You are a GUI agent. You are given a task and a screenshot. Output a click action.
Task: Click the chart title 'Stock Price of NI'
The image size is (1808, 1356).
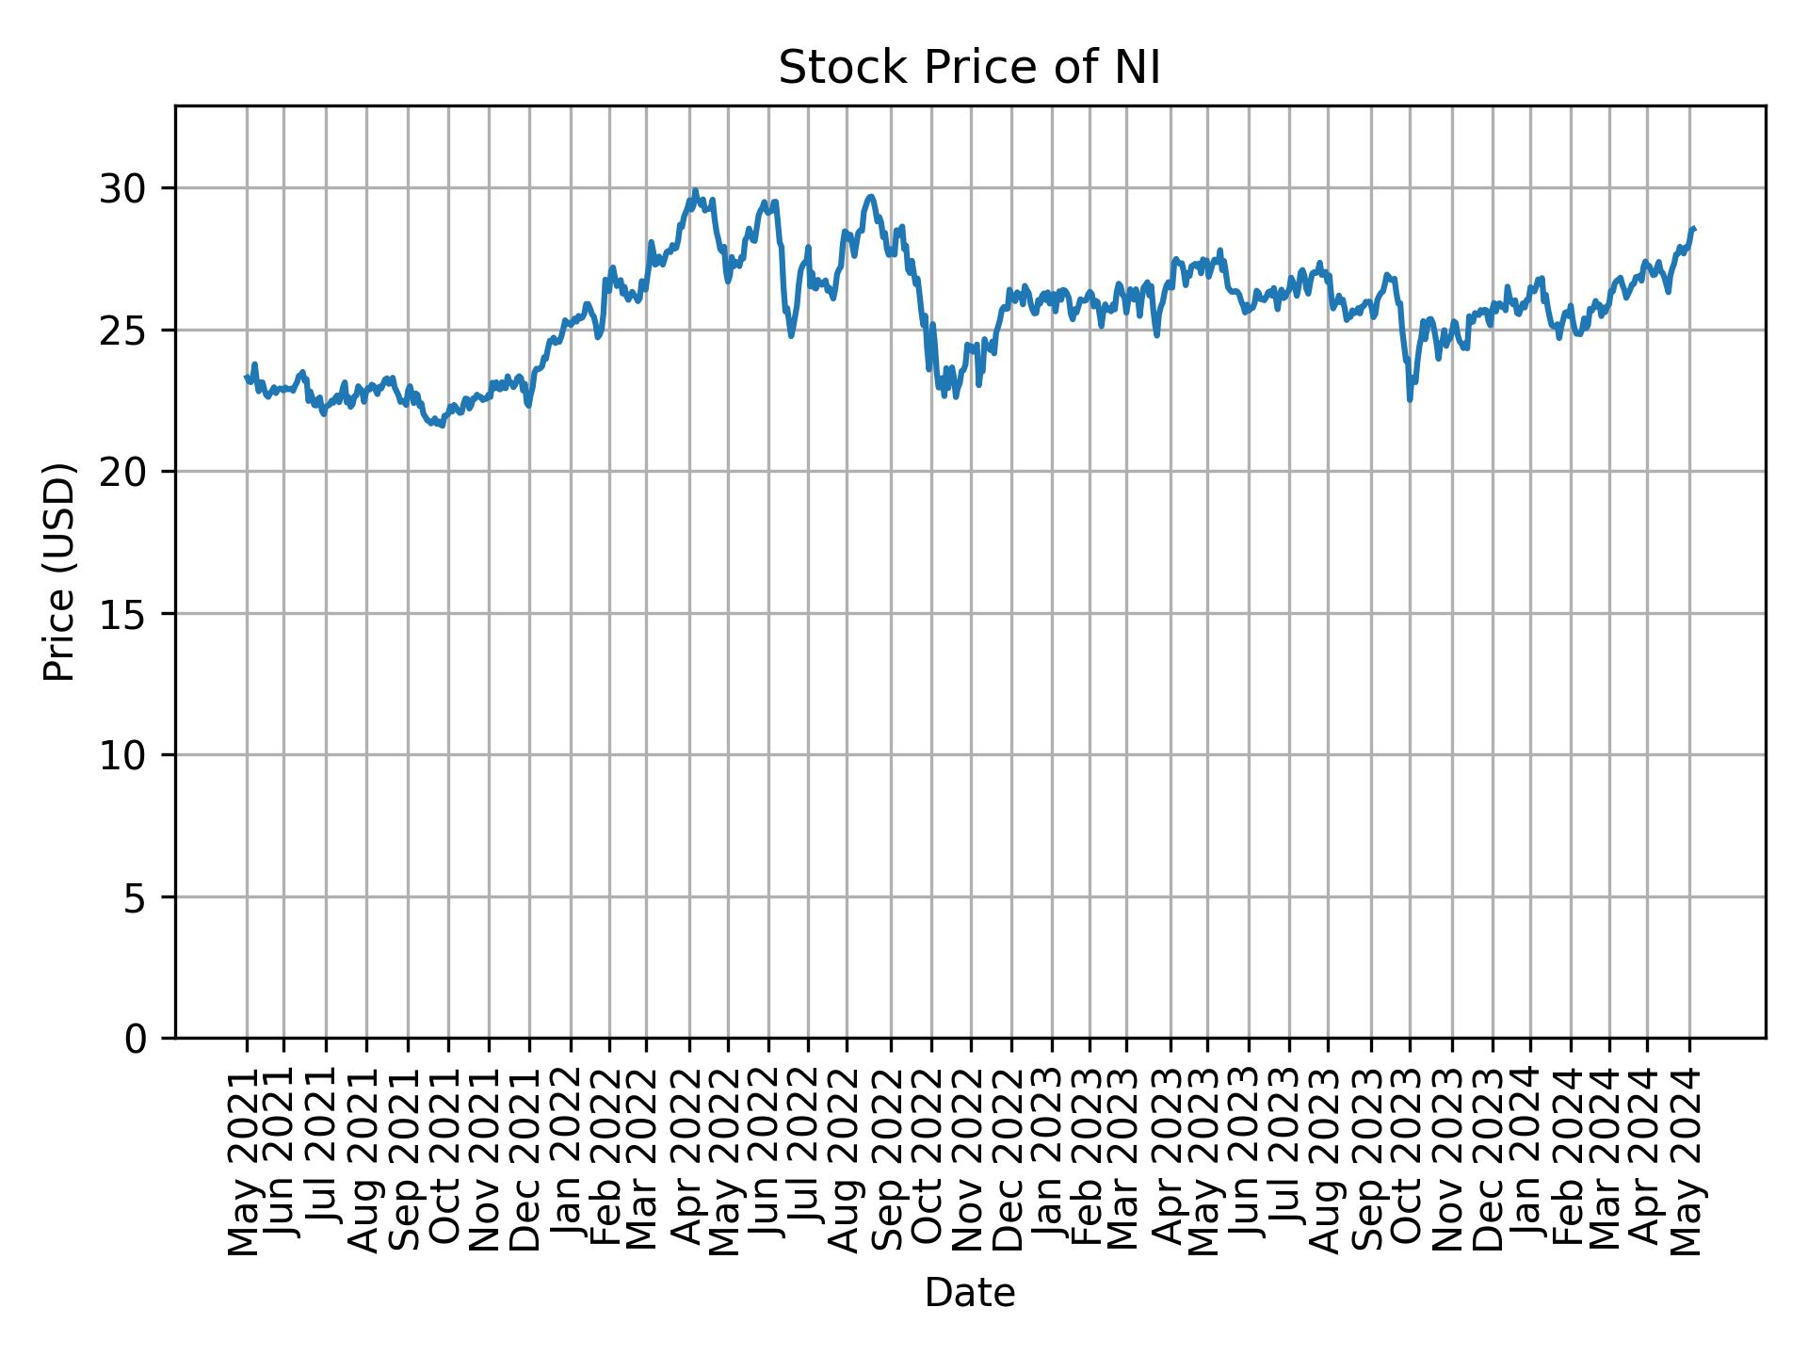[969, 68]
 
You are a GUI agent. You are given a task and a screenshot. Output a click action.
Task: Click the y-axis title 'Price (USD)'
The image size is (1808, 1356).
[59, 572]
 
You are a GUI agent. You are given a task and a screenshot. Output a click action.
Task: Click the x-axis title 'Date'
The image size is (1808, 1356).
[969, 1293]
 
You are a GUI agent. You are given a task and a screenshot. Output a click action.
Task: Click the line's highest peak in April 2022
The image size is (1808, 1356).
[695, 190]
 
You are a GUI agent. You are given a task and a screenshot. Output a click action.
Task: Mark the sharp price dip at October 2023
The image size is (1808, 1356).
[1410, 400]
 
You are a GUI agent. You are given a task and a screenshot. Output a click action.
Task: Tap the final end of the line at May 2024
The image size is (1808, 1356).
[1694, 229]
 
